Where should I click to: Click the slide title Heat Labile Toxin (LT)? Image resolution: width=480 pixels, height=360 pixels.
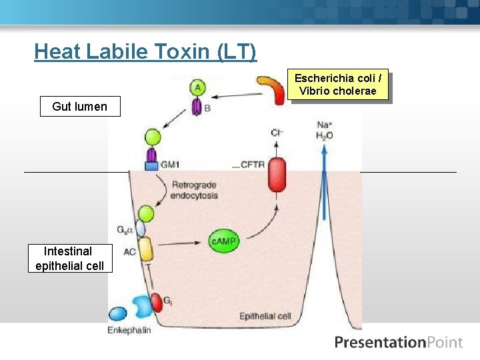(x=145, y=51)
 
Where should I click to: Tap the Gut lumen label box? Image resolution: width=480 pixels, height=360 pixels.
(x=79, y=106)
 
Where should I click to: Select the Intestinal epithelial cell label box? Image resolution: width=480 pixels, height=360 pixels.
(x=70, y=258)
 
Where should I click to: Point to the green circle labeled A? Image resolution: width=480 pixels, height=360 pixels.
(x=197, y=86)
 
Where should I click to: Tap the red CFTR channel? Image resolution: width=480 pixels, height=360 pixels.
(x=276, y=175)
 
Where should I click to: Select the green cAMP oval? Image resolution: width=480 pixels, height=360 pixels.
(x=224, y=241)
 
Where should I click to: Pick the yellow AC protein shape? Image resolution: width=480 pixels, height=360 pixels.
(x=146, y=250)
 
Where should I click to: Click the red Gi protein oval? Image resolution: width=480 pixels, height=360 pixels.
(x=155, y=302)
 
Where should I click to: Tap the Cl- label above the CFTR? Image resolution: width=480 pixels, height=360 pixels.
(x=277, y=133)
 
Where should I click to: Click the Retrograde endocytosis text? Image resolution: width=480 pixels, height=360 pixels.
(x=195, y=189)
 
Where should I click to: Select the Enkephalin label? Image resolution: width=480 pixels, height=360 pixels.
(x=129, y=330)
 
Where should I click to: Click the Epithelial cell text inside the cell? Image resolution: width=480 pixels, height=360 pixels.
(x=265, y=316)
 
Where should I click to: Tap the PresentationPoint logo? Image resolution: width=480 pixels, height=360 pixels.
(x=398, y=343)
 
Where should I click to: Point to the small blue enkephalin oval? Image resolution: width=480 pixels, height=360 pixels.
(x=118, y=313)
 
